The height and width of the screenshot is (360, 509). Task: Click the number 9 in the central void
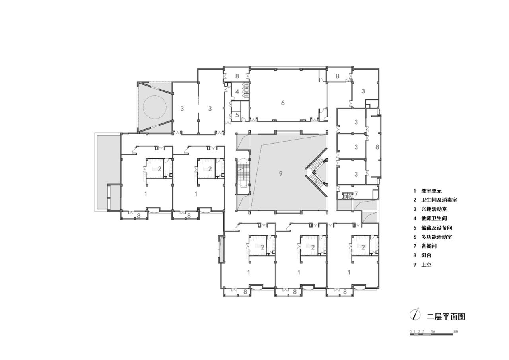281,173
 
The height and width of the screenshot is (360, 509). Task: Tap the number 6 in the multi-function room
283,103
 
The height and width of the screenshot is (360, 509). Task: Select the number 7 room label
356,194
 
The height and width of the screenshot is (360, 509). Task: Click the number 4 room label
237,92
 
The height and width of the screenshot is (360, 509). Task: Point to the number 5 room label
237,115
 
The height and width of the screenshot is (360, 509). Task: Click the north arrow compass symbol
416,315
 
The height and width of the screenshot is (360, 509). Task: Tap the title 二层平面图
446,317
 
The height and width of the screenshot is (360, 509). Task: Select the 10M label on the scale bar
455,331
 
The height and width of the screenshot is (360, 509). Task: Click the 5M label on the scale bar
433,331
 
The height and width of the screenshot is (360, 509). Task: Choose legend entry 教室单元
431,191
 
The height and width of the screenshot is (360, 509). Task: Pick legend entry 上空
426,265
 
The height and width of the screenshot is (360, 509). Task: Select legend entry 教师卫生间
434,218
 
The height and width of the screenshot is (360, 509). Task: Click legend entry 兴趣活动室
434,209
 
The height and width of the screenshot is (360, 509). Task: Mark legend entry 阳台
426,255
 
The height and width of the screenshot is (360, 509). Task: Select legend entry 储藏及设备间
436,228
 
